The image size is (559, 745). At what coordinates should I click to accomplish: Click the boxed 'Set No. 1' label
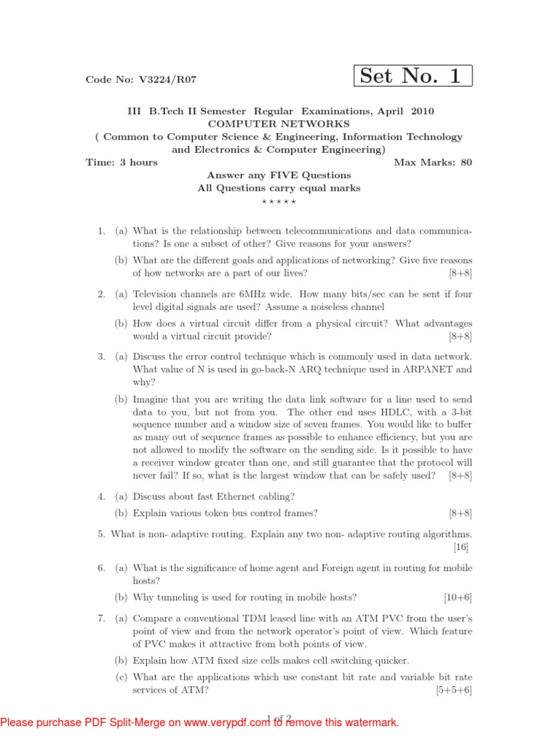(x=412, y=76)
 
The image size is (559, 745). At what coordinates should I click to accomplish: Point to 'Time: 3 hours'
(x=122, y=162)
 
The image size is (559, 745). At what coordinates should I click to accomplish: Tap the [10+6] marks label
(x=458, y=597)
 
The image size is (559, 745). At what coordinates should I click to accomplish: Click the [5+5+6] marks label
(x=453, y=691)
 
